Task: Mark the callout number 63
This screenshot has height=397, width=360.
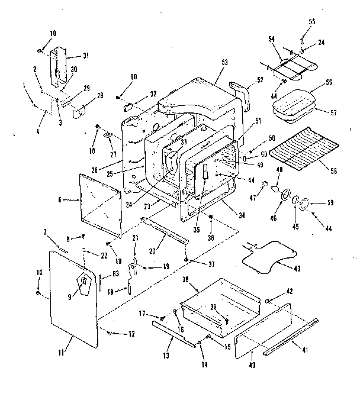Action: [115, 273]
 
